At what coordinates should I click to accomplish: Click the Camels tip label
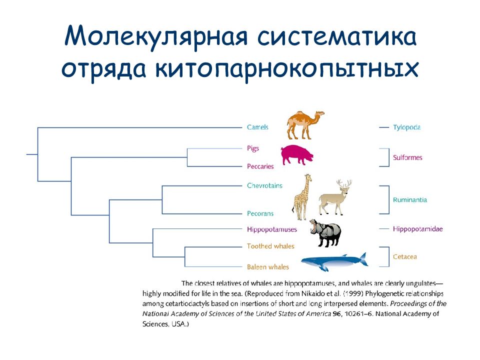pyautogui.click(x=257, y=127)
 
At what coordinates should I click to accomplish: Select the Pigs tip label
pyautogui.click(x=253, y=148)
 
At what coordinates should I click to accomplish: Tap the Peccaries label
pyautogui.click(x=260, y=166)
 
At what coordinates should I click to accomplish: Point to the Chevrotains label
pyautogui.click(x=264, y=185)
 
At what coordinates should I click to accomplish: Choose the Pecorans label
pyautogui.click(x=260, y=213)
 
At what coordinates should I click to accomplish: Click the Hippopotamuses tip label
pyautogui.click(x=272, y=229)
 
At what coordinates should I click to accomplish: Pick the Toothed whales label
pyautogui.click(x=270, y=246)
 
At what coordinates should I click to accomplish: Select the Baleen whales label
pyautogui.click(x=268, y=267)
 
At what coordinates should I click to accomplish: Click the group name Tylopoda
pyautogui.click(x=407, y=127)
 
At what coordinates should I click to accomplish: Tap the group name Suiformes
pyautogui.click(x=407, y=157)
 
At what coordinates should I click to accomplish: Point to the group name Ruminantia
pyautogui.click(x=410, y=200)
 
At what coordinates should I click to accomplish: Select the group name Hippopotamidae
pyautogui.click(x=418, y=229)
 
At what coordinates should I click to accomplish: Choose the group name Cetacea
pyautogui.click(x=404, y=257)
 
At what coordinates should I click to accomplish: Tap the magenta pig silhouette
pyautogui.click(x=297, y=155)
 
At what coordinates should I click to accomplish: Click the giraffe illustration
pyautogui.click(x=302, y=197)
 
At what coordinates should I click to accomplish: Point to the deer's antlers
pyautogui.click(x=344, y=183)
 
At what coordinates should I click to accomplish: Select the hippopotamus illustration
pyautogui.click(x=325, y=233)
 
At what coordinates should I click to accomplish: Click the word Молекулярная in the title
pyautogui.click(x=156, y=36)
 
